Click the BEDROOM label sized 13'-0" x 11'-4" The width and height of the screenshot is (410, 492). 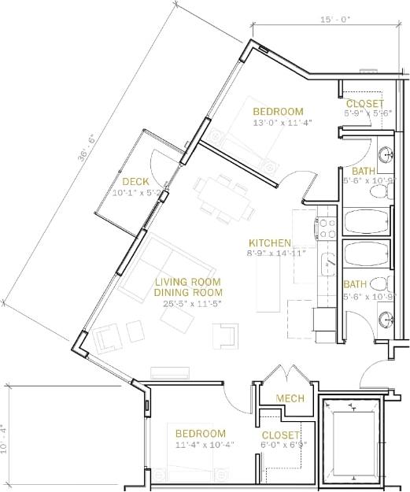coord(278,111)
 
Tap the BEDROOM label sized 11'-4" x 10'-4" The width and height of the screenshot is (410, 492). coord(200,434)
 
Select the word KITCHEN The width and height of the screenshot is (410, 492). coord(270,243)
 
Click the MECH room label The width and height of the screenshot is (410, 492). coord(290,399)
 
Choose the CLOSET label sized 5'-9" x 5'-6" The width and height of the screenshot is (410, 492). coord(365,104)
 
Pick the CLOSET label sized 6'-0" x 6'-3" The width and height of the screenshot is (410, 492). coord(280,435)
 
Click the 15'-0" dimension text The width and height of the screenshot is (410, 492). coord(335,20)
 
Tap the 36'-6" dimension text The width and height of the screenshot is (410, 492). coord(86,146)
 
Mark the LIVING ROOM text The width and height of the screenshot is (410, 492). coord(187,282)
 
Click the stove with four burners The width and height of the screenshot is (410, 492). coord(327,228)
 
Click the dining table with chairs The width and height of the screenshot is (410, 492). coord(224,198)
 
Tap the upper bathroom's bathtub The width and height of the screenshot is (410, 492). coord(368,222)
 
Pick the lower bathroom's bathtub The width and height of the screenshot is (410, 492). coord(368,255)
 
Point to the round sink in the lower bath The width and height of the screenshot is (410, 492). coord(385,319)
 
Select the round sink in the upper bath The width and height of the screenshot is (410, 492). coord(385,154)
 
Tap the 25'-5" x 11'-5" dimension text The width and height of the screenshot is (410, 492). coord(187,303)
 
